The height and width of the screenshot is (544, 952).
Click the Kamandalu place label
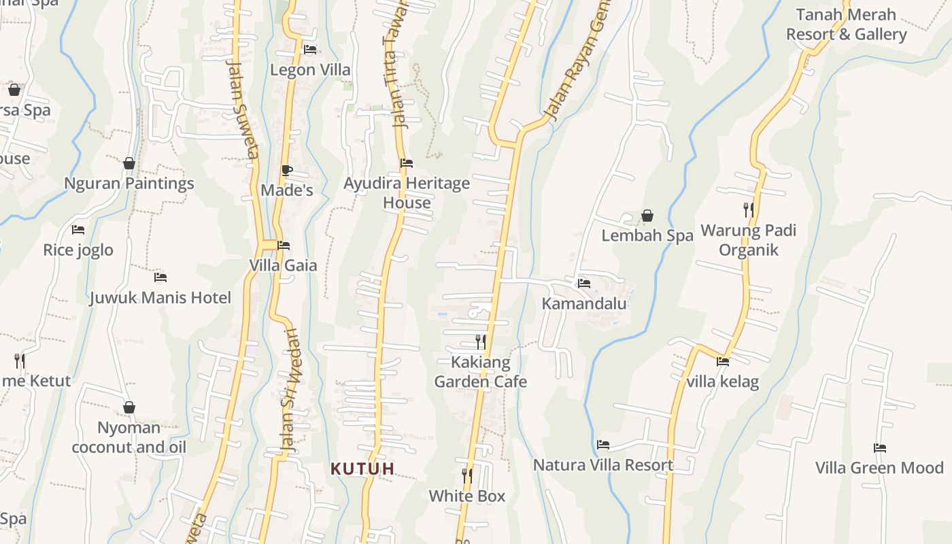pyautogui.click(x=583, y=303)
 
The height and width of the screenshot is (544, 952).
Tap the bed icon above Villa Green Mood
pyautogui.click(x=880, y=448)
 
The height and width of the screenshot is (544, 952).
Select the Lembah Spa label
pyautogui.click(x=647, y=235)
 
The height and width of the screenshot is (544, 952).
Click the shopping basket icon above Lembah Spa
pyautogui.click(x=647, y=216)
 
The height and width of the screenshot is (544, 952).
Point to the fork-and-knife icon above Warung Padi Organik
pyautogui.click(x=748, y=210)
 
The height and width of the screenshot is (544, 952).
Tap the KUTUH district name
pyautogui.click(x=362, y=469)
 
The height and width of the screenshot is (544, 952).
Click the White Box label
pyautogui.click(x=467, y=496)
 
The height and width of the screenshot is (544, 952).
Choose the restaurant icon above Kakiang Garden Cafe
pyautogui.click(x=480, y=341)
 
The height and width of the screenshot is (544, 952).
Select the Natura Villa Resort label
pyautogui.click(x=603, y=465)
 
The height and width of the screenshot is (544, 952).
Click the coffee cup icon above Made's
pyautogui.click(x=286, y=170)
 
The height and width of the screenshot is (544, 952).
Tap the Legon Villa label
pyautogui.click(x=310, y=69)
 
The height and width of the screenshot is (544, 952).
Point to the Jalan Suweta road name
pyautogui.click(x=243, y=109)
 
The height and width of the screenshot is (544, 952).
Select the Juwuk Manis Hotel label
pyautogui.click(x=160, y=297)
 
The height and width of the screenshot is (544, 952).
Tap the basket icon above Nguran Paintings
pyautogui.click(x=129, y=163)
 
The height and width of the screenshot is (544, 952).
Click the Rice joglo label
pyautogui.click(x=78, y=250)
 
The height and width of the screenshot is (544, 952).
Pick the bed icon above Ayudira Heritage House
pyautogui.click(x=407, y=163)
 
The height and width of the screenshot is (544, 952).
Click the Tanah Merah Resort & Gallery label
pyautogui.click(x=846, y=24)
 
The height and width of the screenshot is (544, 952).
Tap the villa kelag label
pyautogui.click(x=722, y=381)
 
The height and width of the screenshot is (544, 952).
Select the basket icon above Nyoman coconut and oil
pyautogui.click(x=129, y=407)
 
